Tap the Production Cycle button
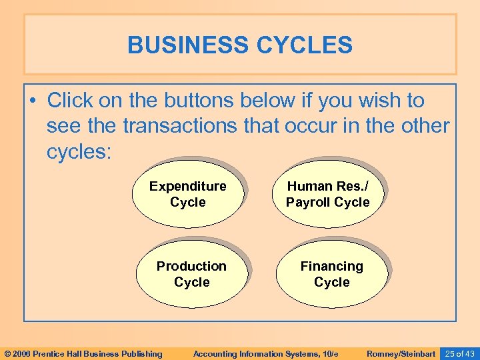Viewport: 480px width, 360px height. point(191,274)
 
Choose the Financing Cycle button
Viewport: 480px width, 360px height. point(331,274)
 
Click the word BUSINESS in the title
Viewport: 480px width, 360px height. point(182,45)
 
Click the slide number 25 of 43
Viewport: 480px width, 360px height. point(459,353)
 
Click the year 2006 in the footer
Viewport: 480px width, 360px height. point(22,353)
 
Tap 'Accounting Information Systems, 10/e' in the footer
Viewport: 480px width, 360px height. point(265,353)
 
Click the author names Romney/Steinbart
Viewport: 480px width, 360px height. point(401,353)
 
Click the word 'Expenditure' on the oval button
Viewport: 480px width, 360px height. point(187,186)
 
